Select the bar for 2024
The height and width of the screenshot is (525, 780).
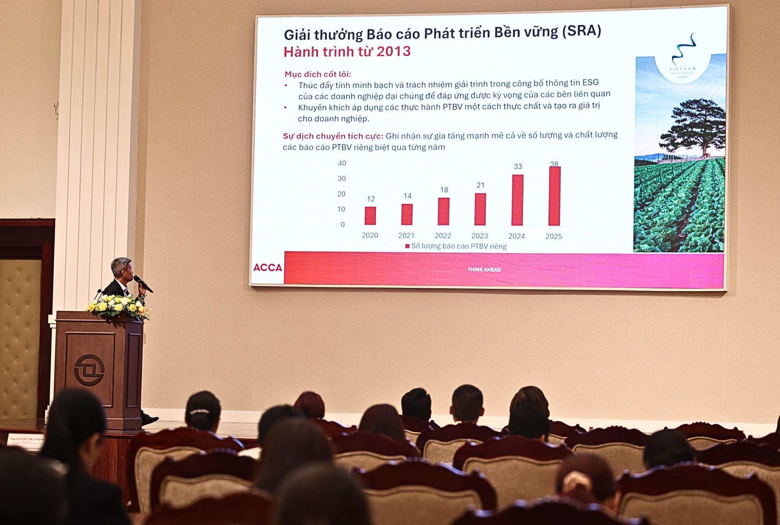517,200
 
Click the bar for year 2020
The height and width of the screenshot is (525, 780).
370,216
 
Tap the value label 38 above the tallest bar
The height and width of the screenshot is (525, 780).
554,164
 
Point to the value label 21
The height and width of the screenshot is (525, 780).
480,185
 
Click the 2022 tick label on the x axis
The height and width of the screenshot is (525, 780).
443,236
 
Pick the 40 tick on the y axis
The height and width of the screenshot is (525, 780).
342,163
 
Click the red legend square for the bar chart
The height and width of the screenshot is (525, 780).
408,246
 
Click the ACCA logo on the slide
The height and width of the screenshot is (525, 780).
268,268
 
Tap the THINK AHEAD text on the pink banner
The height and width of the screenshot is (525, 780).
484,270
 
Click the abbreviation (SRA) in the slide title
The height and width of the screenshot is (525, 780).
581,31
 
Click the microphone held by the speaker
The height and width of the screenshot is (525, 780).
143,284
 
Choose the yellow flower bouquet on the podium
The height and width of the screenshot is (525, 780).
119,305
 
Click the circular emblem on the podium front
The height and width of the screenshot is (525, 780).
89,370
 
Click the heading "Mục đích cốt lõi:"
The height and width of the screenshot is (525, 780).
318,74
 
